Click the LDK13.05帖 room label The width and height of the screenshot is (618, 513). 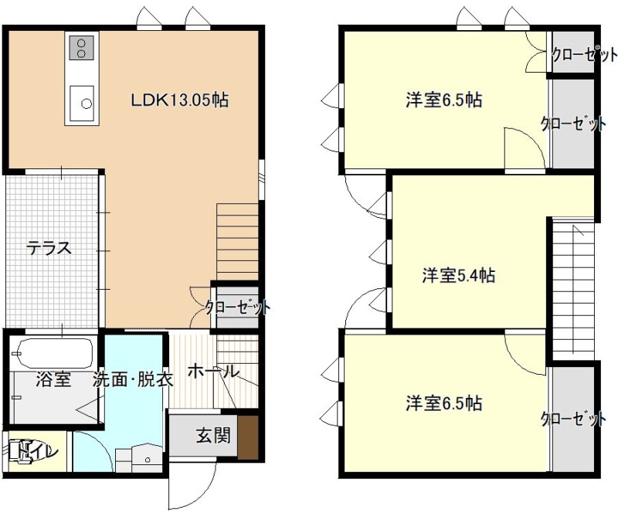click(x=180, y=100)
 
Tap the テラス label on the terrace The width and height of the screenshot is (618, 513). click(x=49, y=249)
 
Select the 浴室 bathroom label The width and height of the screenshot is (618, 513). click(x=53, y=379)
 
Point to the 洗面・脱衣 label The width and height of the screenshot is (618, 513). click(x=133, y=379)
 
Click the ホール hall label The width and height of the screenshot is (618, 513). click(x=213, y=372)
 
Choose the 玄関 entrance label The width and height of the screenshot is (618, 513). click(x=213, y=436)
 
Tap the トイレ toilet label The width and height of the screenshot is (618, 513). click(x=38, y=451)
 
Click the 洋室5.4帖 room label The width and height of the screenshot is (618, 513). click(x=459, y=275)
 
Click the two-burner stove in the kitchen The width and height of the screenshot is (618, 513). click(x=82, y=48)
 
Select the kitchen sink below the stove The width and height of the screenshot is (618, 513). click(x=82, y=104)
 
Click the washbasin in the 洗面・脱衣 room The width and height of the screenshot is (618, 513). click(x=148, y=458)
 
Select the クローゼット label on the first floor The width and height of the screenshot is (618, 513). click(x=238, y=307)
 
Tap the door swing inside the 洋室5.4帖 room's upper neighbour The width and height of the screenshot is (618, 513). click(x=525, y=148)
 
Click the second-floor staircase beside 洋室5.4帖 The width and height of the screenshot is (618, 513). click(x=573, y=289)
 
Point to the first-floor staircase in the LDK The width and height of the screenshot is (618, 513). click(x=237, y=242)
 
